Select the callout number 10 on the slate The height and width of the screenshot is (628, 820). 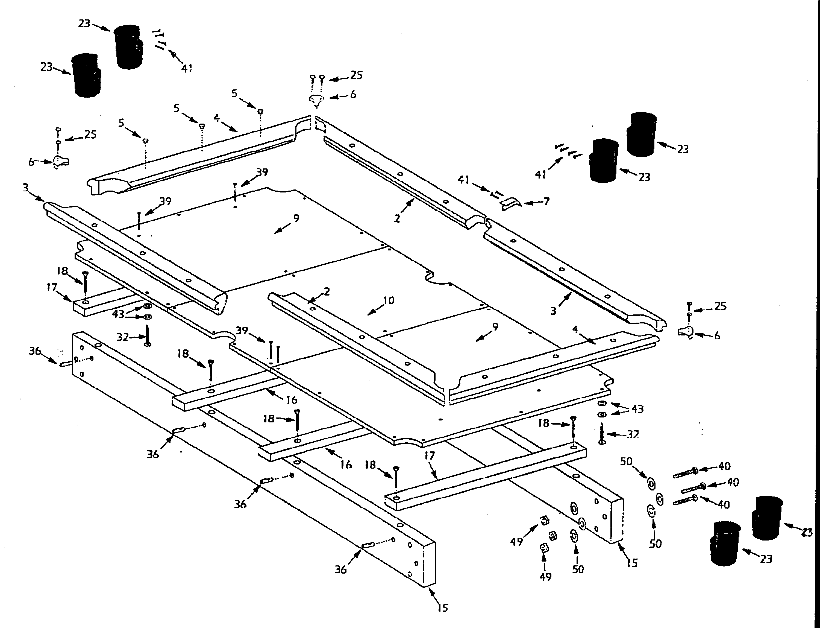[389, 300]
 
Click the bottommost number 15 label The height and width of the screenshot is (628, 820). [442, 608]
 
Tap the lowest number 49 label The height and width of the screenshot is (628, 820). [545, 577]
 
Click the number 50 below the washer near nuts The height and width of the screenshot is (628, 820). [578, 569]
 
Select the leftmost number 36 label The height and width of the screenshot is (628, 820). [35, 351]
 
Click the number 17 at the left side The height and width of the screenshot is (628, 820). [52, 287]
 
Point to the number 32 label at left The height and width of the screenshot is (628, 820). [123, 337]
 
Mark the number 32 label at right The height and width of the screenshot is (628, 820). [633, 434]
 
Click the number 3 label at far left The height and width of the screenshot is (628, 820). [26, 188]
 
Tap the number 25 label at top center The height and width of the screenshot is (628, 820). [356, 75]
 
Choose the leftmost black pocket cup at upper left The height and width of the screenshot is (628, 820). [86, 75]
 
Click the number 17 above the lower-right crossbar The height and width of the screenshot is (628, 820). [430, 456]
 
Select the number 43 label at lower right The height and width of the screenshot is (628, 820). [637, 409]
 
